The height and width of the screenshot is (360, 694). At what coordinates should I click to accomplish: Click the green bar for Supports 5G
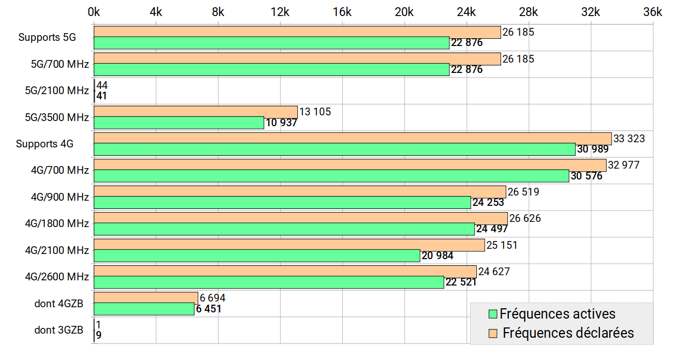pyautogui.click(x=271, y=43)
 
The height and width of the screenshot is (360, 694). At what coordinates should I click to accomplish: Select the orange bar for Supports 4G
pyautogui.click(x=353, y=138)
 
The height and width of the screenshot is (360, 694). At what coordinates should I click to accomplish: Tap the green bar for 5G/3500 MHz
pyautogui.click(x=179, y=123)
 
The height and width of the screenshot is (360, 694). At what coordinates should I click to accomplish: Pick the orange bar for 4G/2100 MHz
pyautogui.click(x=289, y=245)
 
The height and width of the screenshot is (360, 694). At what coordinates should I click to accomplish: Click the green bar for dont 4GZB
pyautogui.click(x=144, y=309)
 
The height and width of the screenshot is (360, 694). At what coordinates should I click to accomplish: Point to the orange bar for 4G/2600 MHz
pyautogui.click(x=285, y=272)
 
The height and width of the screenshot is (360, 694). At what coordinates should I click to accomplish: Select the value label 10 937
pyautogui.click(x=281, y=123)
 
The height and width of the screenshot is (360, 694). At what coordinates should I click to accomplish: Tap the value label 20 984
pyautogui.click(x=437, y=256)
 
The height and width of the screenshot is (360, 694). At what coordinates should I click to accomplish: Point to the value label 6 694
pyautogui.click(x=213, y=298)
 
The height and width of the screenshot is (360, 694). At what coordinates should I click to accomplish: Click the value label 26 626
pyautogui.click(x=525, y=218)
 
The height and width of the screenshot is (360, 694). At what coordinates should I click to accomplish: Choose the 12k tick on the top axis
pyautogui.click(x=280, y=12)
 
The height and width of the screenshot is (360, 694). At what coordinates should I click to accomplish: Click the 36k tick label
pyautogui.click(x=652, y=12)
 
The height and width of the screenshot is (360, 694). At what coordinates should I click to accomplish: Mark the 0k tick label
pyautogui.click(x=94, y=12)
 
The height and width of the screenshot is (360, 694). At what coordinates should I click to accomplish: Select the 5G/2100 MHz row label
pyautogui.click(x=57, y=91)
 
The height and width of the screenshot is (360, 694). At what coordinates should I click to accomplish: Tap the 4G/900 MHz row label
pyautogui.click(x=59, y=197)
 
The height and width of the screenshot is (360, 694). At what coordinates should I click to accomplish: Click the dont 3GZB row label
pyautogui.click(x=59, y=330)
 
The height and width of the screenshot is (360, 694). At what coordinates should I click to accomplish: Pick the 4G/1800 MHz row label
pyautogui.click(x=57, y=223)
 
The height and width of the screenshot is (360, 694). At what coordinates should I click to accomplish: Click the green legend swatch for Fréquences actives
pyautogui.click(x=492, y=314)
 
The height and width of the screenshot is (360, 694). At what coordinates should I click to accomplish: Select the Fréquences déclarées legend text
pyautogui.click(x=568, y=333)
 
